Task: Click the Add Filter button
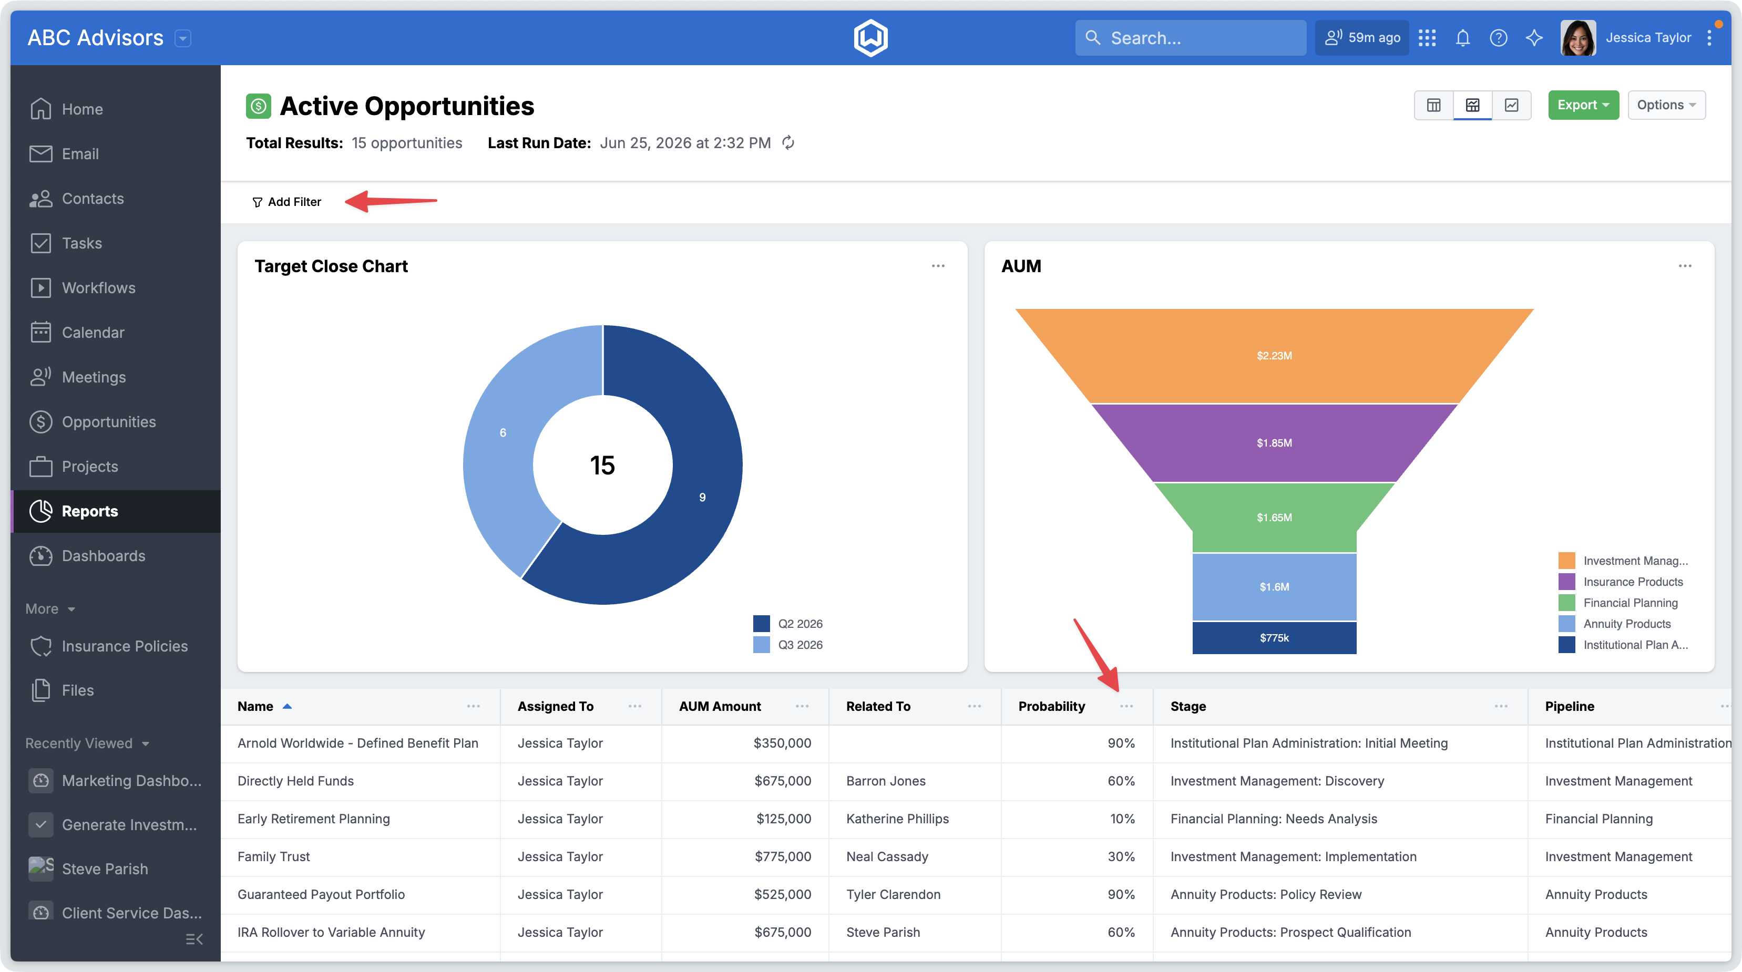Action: coord(286,201)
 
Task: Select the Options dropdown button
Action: coord(1666,105)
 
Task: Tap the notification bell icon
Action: coord(1463,38)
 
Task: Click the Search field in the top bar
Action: coord(1190,38)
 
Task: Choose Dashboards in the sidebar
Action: coord(104,556)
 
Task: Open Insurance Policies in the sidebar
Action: coord(125,646)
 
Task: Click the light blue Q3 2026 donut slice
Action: coord(500,432)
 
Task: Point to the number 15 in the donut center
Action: coord(602,465)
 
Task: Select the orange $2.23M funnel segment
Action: coord(1274,356)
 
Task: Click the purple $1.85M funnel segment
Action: coord(1274,443)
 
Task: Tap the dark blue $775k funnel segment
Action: coord(1274,637)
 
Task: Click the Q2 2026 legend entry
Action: coord(788,623)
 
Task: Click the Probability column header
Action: coord(1051,706)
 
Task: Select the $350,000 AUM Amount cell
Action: coord(782,743)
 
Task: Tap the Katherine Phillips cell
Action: coord(897,819)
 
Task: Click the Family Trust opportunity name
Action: coord(273,856)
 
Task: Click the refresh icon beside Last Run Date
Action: coord(788,142)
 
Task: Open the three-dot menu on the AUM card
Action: coord(1685,266)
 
